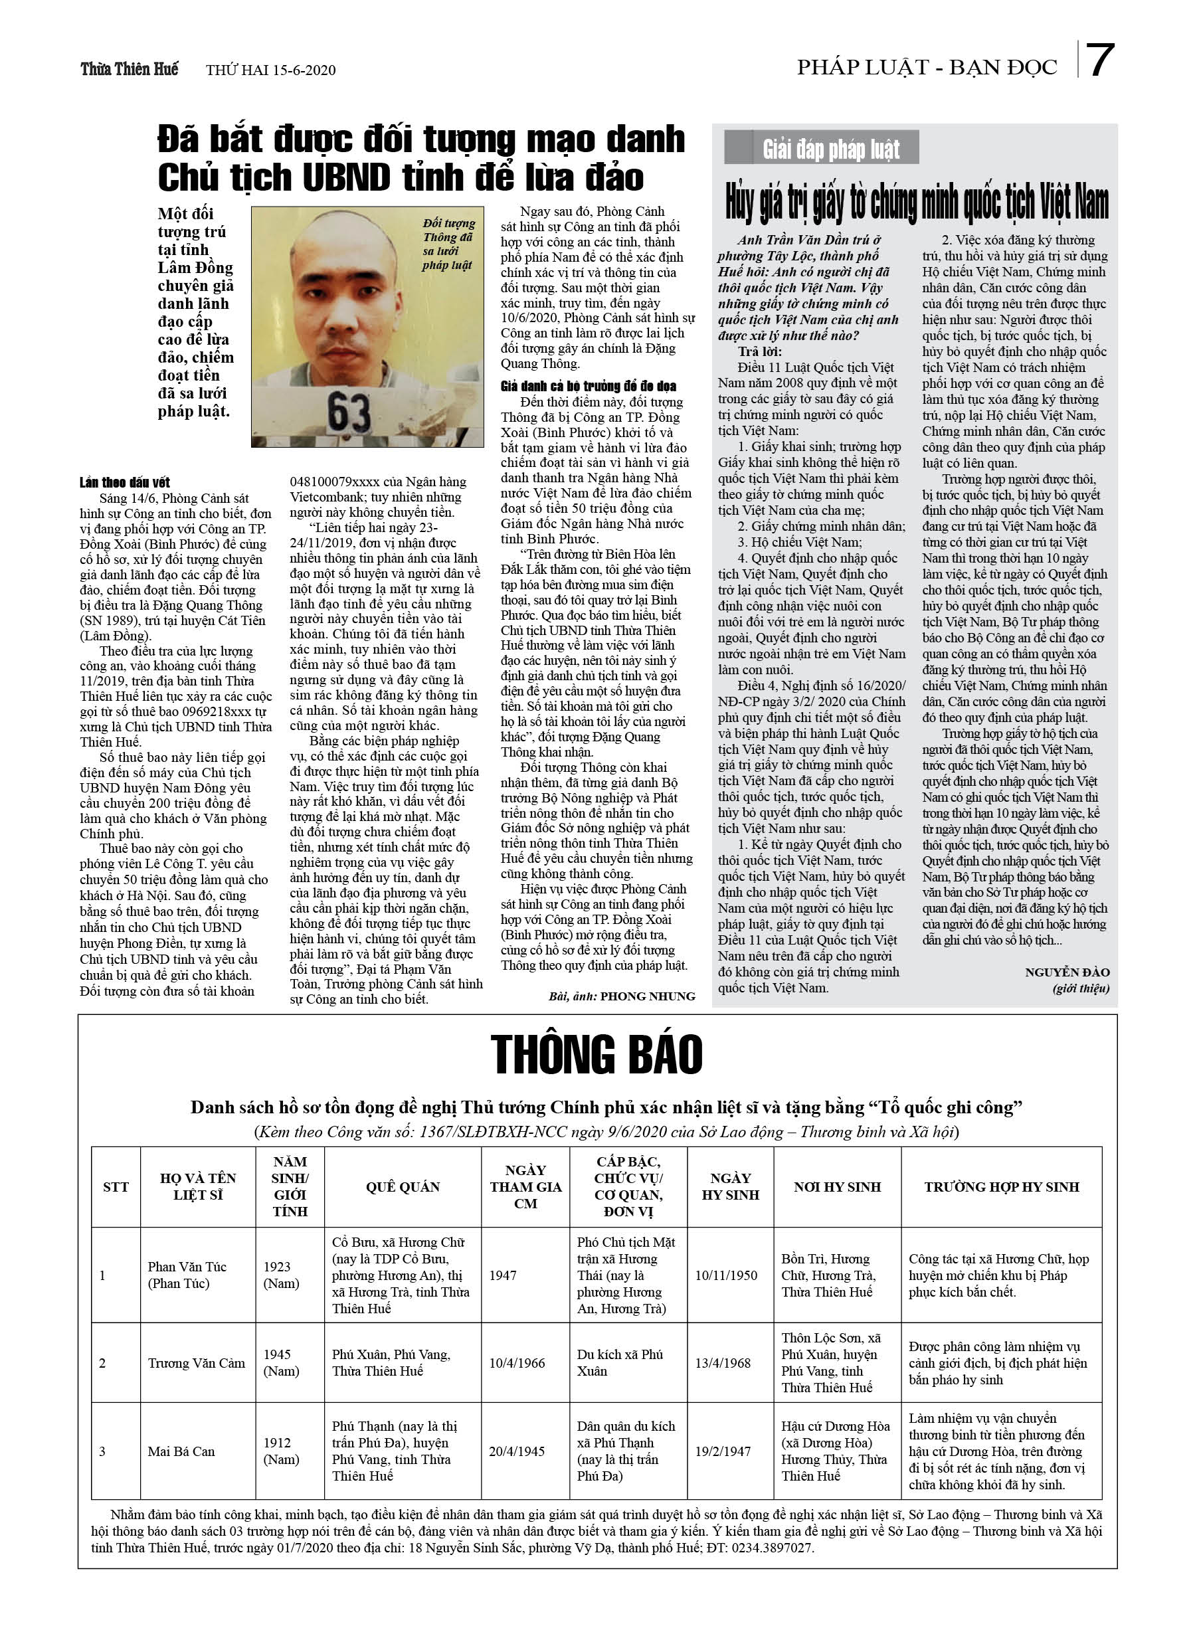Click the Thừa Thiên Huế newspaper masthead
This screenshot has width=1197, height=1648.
click(130, 69)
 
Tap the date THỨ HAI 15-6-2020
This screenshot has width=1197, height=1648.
click(270, 70)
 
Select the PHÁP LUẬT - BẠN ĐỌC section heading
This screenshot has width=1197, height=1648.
click(927, 68)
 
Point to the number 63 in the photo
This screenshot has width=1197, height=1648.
click(349, 412)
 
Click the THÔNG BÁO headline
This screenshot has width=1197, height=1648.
click(596, 1054)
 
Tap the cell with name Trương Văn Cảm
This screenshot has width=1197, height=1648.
click(196, 1363)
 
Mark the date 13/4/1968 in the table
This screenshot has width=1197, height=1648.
click(723, 1363)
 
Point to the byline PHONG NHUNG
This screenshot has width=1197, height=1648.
click(647, 996)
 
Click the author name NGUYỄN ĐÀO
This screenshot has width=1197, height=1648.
click(1067, 972)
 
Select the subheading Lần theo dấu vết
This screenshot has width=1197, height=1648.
click(125, 482)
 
